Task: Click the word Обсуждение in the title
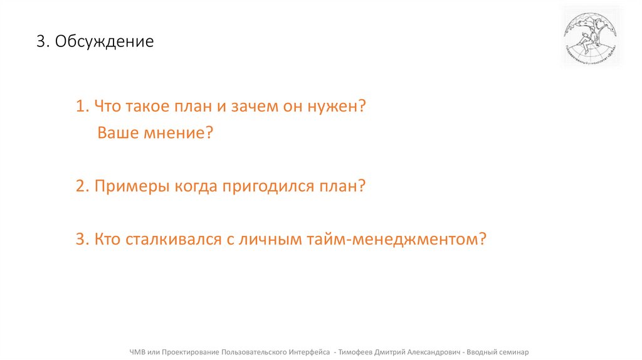pyautogui.click(x=104, y=42)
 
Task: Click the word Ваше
pyautogui.click(x=117, y=133)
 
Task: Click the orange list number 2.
pyautogui.click(x=82, y=186)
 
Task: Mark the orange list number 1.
pyautogui.click(x=82, y=106)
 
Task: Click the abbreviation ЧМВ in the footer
pyautogui.click(x=137, y=352)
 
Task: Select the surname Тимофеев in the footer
pyautogui.click(x=355, y=352)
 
